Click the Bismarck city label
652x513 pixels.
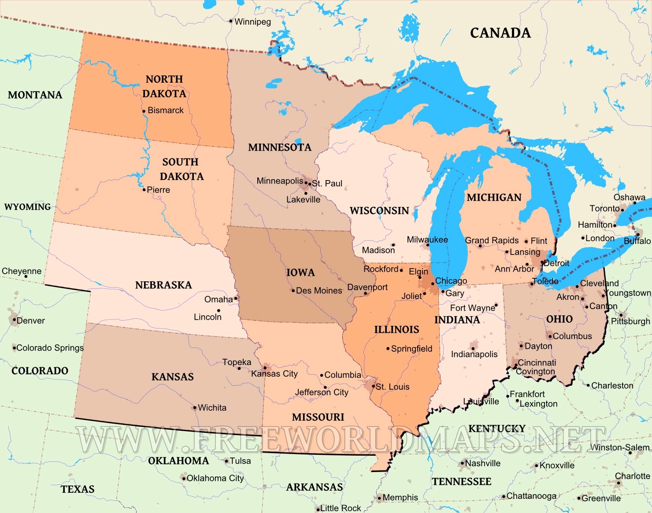166,111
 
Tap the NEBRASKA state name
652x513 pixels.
163,285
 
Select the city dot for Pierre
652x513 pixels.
144,190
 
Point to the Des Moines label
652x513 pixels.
319,291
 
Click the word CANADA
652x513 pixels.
500,33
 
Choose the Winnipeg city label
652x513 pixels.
252,22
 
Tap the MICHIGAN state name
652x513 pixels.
494,198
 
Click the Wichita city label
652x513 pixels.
212,408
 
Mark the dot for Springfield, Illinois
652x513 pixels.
388,349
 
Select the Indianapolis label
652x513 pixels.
474,354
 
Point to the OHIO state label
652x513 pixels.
559,319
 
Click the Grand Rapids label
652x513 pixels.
492,240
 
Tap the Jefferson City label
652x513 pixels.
322,392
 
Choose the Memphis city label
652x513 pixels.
400,498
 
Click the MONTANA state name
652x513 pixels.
35,95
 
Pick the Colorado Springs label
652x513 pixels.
50,348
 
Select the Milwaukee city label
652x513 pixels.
427,240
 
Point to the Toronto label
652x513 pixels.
604,209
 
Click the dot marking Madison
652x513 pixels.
393,245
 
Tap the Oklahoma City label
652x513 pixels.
215,478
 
